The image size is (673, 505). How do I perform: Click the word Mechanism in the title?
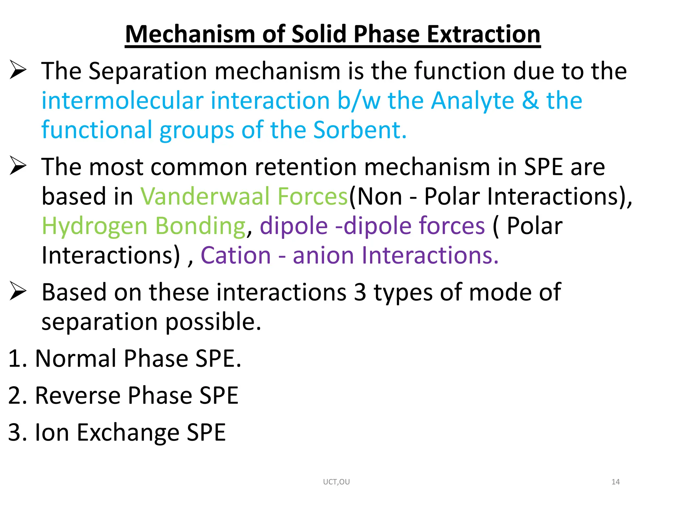190,34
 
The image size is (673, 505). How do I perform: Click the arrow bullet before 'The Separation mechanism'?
18,70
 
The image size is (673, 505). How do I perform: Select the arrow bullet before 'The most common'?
18,166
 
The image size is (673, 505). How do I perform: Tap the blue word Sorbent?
360,130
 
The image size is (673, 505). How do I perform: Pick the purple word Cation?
236,255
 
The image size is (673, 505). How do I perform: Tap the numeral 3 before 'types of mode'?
360,292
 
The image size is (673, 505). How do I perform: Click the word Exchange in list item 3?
128,433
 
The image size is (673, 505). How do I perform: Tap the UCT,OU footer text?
336,482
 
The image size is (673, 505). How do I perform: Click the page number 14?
615,482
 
